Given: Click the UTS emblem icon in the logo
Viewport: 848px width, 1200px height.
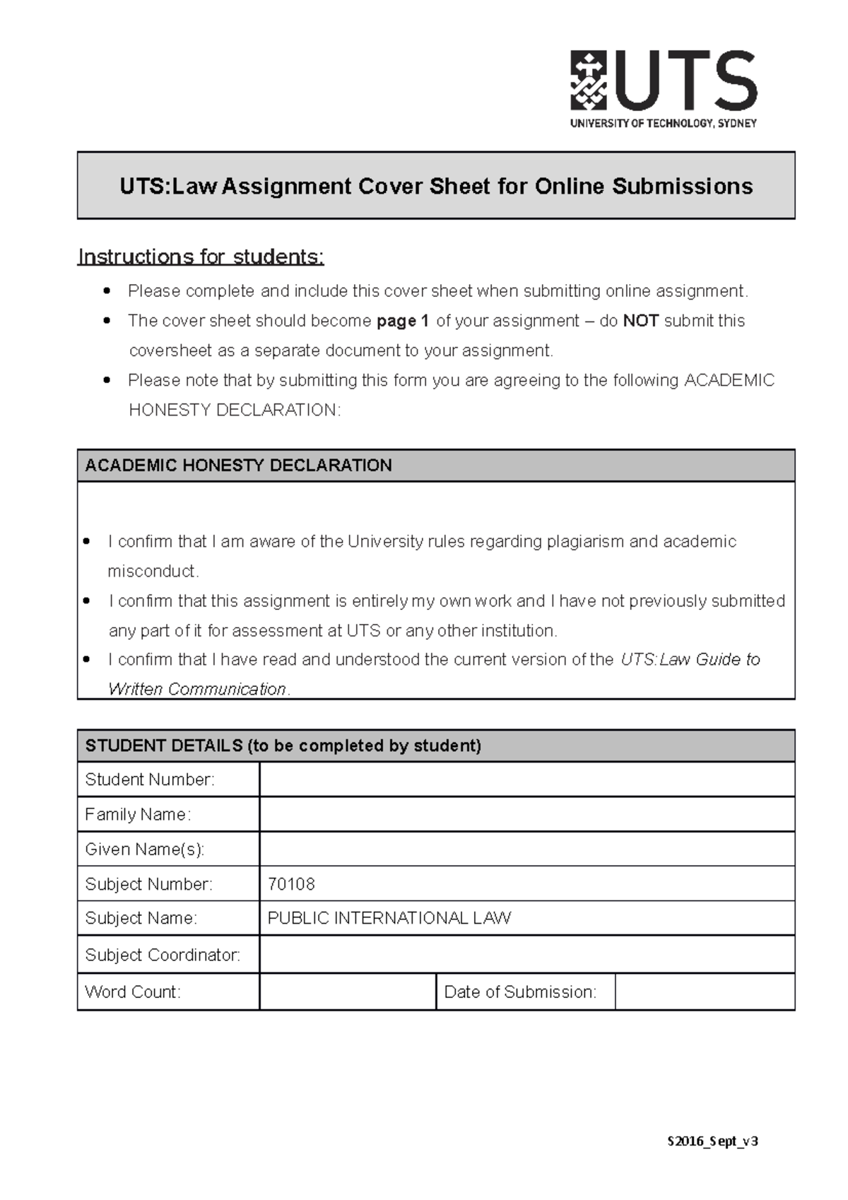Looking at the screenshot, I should tap(589, 80).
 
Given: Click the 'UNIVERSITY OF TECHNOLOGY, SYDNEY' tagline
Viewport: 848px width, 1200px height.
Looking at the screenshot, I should tap(663, 123).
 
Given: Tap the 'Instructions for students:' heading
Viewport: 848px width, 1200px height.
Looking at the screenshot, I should tap(201, 257).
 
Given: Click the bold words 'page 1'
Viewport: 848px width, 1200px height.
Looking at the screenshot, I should tap(403, 321).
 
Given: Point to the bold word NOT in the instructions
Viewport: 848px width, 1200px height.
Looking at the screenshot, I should tap(641, 321).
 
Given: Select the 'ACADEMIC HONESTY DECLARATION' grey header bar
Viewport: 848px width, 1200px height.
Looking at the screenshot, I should tap(435, 465).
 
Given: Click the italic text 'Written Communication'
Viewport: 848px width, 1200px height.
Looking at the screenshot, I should tap(197, 689).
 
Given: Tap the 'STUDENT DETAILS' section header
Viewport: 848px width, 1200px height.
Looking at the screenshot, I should tap(283, 746).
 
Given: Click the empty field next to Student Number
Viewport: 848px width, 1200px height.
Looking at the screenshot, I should tap(526, 780).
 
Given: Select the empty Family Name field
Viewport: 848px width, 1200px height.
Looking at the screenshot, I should tap(526, 814).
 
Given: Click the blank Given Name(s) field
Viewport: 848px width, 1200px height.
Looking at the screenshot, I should tap(526, 849).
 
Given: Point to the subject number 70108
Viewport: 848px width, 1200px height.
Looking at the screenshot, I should tap(291, 884).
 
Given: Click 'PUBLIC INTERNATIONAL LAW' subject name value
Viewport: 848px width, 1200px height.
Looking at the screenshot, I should tap(389, 918).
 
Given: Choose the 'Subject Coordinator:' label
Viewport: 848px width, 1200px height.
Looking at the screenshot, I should tap(163, 955).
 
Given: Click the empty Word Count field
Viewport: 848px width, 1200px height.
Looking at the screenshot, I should tap(347, 992).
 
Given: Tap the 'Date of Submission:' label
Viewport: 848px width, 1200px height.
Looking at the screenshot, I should tap(520, 992).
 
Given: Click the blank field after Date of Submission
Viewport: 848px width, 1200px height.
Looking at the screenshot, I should tap(705, 992).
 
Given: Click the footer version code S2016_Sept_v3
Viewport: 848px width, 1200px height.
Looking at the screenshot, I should tap(712, 1141).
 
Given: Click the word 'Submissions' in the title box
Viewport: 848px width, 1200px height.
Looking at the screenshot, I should tap(682, 186).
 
